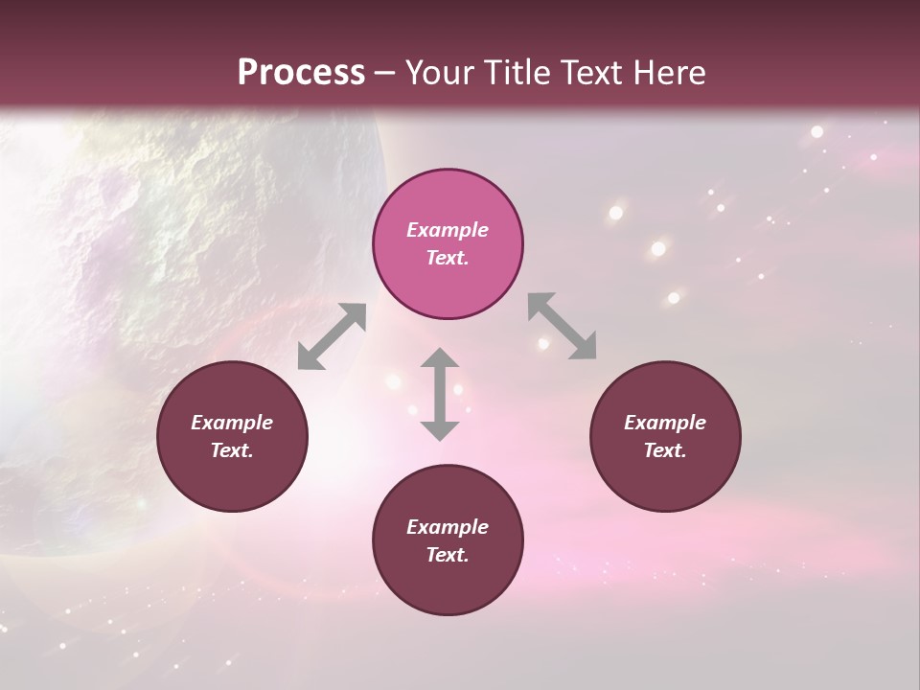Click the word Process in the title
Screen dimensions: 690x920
(x=301, y=73)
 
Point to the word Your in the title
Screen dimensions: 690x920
(x=441, y=73)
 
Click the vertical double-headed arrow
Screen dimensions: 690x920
(x=440, y=394)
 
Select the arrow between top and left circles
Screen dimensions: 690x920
(x=332, y=336)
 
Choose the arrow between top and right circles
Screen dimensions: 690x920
(x=563, y=326)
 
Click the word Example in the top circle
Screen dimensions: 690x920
(x=448, y=230)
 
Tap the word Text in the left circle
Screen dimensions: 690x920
(x=232, y=450)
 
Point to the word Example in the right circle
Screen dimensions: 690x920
(x=665, y=423)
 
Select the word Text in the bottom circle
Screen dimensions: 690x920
(x=448, y=555)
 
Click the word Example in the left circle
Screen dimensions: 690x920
(x=232, y=423)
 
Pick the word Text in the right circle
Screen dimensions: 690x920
(x=665, y=450)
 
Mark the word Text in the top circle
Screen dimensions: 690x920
(x=448, y=258)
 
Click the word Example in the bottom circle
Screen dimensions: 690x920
(x=448, y=527)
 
